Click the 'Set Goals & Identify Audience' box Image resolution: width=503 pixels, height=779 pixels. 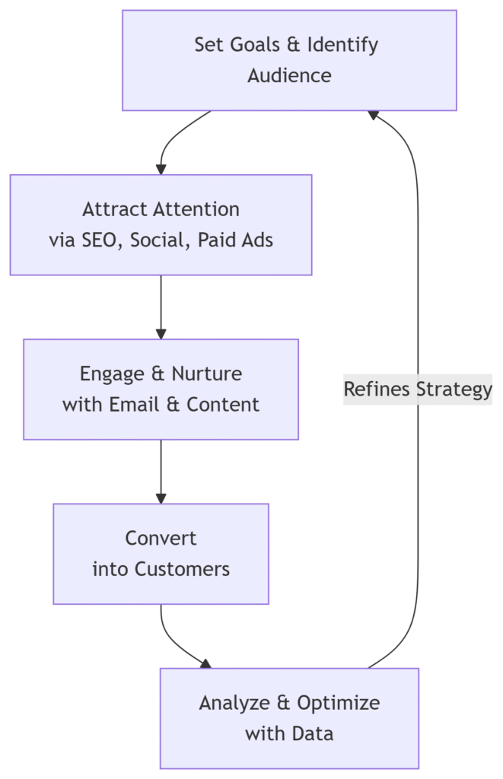[289, 60]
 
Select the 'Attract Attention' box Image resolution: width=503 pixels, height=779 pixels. [161, 224]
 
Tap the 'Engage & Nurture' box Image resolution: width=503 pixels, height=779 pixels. [161, 389]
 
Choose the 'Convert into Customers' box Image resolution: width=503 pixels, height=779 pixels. [161, 553]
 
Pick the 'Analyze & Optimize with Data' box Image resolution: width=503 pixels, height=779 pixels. [289, 717]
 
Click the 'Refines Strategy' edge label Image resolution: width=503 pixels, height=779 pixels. [418, 389]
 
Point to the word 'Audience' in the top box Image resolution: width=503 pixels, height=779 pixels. [289, 75]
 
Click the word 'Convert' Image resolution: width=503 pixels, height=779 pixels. [161, 538]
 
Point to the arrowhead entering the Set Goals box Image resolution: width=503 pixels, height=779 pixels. [373, 114]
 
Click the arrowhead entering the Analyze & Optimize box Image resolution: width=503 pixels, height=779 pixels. [205, 663]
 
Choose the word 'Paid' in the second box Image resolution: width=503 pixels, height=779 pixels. [215, 240]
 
